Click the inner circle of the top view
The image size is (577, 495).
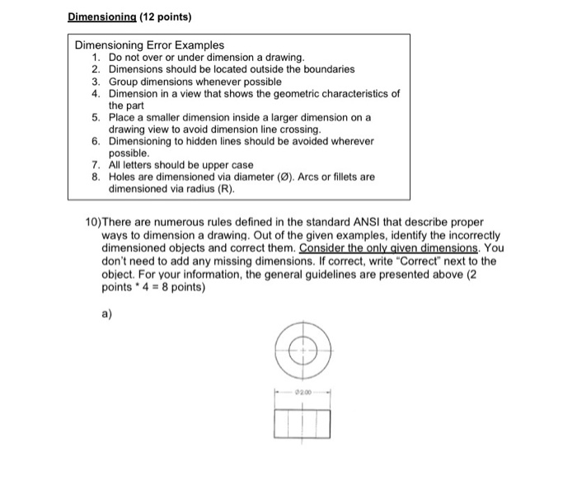coord(303,351)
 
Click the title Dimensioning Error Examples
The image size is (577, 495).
coord(149,45)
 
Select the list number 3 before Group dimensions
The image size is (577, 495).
coord(96,82)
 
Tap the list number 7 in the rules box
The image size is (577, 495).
coord(96,165)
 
